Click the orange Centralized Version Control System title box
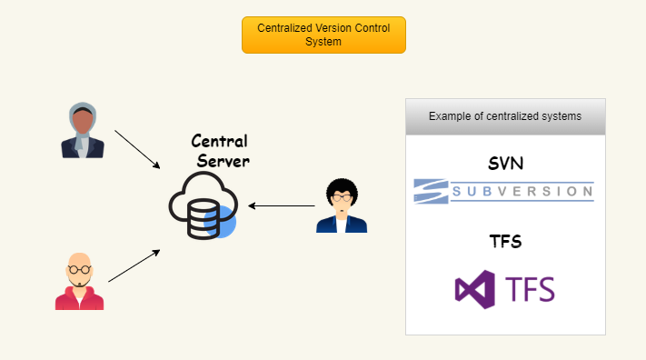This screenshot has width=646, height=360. click(323, 35)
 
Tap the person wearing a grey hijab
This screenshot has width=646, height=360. click(83, 131)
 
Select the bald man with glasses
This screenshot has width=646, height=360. click(80, 282)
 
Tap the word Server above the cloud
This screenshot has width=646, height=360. click(224, 160)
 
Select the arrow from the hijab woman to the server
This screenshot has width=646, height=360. click(137, 149)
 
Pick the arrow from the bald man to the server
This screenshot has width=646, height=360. click(134, 265)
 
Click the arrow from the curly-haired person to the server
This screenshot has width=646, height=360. click(282, 205)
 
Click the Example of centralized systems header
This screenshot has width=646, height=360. click(504, 116)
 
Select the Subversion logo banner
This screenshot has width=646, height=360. click(504, 190)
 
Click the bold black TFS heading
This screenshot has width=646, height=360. click(504, 242)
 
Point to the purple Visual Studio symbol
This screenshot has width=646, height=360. click(475, 288)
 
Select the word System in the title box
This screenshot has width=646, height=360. click(323, 42)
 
